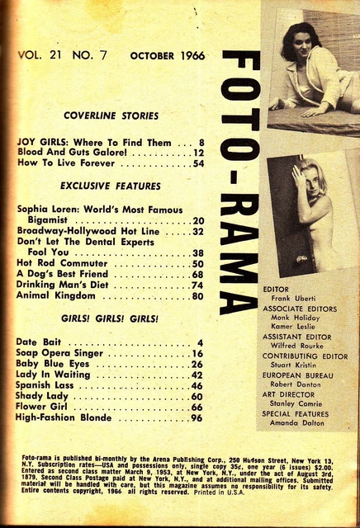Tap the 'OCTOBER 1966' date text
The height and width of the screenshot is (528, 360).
[165, 56]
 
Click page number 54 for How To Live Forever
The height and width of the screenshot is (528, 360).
[198, 164]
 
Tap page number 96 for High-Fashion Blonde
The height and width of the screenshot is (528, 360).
[197, 418]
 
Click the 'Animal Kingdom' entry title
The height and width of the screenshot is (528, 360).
[57, 296]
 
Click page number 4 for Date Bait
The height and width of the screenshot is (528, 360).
[200, 342]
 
